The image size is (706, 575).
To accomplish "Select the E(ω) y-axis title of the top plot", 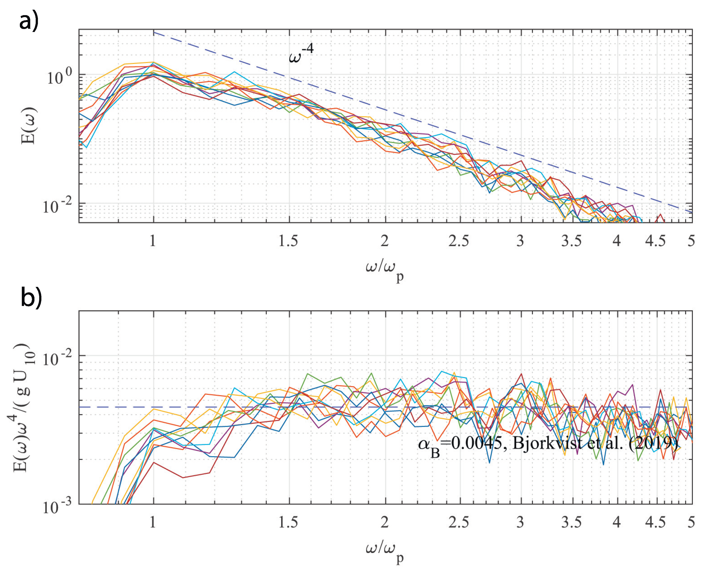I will [x=29, y=125].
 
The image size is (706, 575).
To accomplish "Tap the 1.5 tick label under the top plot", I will [x=288, y=241].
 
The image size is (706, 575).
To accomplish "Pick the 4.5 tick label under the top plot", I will [x=655, y=241].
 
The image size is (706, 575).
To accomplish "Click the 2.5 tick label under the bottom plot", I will [x=459, y=522].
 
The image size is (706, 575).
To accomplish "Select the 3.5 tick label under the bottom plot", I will [x=571, y=522].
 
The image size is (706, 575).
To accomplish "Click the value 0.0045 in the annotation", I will [x=477, y=443].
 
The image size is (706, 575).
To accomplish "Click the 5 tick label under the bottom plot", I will [x=691, y=522].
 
